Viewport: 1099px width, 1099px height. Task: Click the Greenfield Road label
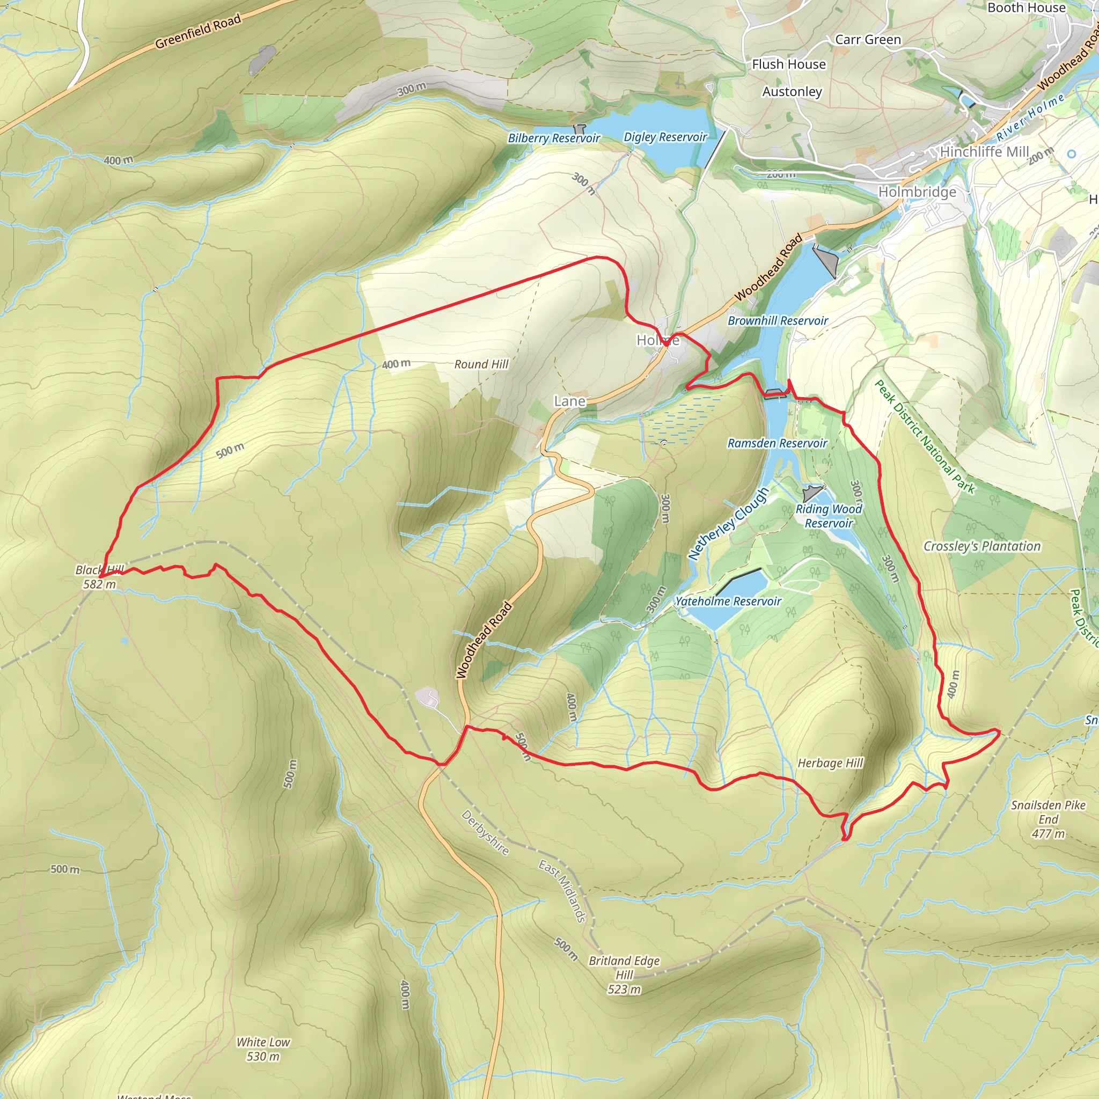pos(198,31)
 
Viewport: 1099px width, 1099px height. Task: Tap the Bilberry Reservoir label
pos(553,138)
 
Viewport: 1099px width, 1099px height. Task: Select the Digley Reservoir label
pos(665,137)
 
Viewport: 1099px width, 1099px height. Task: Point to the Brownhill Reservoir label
pos(778,321)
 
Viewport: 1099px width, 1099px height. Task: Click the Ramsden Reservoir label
pos(777,443)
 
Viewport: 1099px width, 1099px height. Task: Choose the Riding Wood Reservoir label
pos(829,516)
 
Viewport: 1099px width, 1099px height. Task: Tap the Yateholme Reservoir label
pos(728,601)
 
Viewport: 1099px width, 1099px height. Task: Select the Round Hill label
pos(481,364)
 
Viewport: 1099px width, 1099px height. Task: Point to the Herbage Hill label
pos(830,763)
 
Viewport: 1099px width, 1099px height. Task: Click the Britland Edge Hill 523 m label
pos(624,975)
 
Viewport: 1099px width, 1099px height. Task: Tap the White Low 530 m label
pos(263,1049)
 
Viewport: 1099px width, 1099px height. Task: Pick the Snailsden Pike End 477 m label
pos(1048,819)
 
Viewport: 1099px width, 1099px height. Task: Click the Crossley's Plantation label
pos(982,546)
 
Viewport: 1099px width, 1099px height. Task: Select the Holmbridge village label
pos(917,192)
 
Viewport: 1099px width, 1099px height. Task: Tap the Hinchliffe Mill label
pos(984,152)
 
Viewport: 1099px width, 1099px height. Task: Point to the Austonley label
pos(792,92)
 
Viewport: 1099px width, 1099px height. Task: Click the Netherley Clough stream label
pos(729,523)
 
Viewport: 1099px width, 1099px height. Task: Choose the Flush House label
pos(788,64)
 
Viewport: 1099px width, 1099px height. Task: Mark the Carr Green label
pos(868,40)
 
